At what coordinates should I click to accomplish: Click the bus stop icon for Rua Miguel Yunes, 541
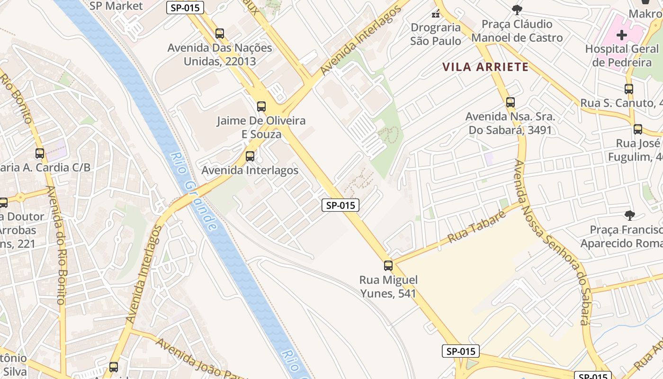pos(388,266)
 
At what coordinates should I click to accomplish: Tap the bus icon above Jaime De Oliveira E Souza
pos(261,107)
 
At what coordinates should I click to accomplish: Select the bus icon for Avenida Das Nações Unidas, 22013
pos(219,34)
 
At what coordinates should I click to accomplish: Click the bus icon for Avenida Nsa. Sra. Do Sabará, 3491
pos(510,102)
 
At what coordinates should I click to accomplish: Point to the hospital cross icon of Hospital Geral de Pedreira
pos(621,35)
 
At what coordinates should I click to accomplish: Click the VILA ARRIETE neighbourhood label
pos(485,67)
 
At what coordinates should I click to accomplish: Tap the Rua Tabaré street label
pos(476,226)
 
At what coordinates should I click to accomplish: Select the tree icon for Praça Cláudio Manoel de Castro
pos(517,9)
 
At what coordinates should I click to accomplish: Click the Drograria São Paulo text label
pos(436,34)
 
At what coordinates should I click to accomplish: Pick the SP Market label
pos(116,6)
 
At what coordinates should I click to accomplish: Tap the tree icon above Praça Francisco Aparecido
pos(629,216)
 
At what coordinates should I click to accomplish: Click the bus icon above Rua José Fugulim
pos(638,129)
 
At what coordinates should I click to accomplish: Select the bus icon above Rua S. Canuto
pos(628,89)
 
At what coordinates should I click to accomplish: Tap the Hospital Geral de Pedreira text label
pos(622,55)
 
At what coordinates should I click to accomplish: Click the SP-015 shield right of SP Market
pos(185,7)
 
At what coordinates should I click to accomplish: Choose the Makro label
pos(645,13)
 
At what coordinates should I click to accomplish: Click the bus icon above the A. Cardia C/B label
pos(40,153)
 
